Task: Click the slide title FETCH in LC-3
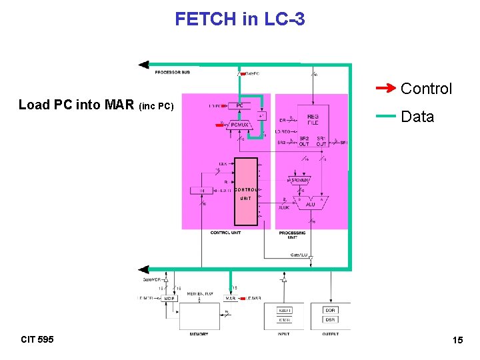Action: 240,19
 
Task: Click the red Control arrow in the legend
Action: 385,88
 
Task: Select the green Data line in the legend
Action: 385,116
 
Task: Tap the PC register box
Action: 239,105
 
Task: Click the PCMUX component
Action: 239,124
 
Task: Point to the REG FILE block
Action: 313,119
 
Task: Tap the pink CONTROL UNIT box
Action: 245,193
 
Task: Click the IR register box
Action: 202,191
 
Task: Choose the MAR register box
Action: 231,298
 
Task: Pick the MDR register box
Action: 169,298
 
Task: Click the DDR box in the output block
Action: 330,310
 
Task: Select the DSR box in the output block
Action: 330,320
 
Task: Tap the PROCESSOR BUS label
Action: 172,71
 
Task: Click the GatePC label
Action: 251,73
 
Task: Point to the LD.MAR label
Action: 254,298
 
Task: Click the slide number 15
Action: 457,340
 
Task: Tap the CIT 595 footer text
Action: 37,339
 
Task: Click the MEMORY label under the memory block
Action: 199,334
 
